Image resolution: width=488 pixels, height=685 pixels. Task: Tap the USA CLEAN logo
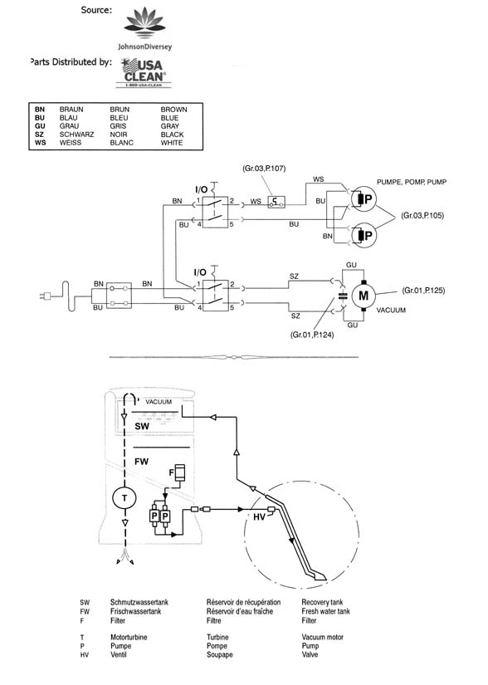(144, 72)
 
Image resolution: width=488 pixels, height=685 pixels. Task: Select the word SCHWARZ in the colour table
(76, 135)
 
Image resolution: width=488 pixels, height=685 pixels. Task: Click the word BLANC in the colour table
(121, 143)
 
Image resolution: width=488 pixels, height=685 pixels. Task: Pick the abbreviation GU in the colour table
(40, 126)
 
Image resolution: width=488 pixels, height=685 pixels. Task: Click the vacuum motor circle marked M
(364, 296)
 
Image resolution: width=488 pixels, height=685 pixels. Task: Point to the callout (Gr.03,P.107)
(264, 169)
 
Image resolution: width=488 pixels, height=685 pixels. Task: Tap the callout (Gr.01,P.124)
(312, 335)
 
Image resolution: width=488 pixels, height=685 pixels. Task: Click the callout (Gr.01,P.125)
(423, 290)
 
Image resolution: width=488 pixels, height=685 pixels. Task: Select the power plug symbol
(44, 296)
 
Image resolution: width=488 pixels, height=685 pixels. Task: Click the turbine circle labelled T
(124, 498)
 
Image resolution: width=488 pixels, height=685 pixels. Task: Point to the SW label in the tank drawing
(142, 426)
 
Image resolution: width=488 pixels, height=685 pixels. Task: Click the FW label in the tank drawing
(141, 462)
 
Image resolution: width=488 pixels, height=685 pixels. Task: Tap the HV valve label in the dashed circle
(259, 516)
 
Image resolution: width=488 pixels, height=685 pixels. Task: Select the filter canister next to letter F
(180, 472)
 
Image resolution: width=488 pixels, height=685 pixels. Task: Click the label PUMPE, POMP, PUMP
(412, 182)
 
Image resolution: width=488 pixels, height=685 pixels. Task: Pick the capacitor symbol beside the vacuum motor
(343, 296)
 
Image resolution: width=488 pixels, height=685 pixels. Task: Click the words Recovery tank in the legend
(322, 603)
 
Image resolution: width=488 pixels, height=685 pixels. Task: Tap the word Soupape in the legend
(220, 655)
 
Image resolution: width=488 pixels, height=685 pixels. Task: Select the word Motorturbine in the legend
(129, 638)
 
